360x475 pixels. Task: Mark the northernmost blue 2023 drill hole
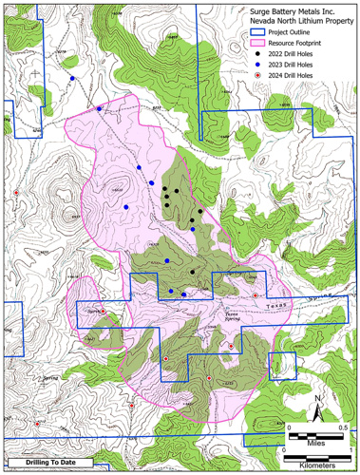pyautogui.click(x=72, y=78)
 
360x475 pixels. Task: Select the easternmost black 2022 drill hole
pyautogui.click(x=200, y=211)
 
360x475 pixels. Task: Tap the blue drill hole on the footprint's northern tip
pyautogui.click(x=99, y=109)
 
